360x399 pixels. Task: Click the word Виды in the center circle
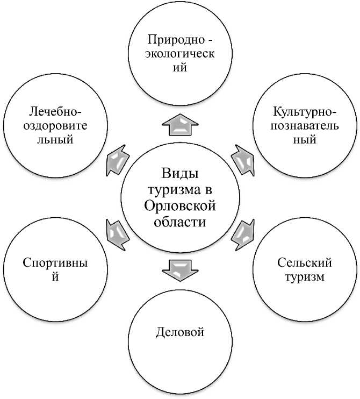pyautogui.click(x=180, y=174)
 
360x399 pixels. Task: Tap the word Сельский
pyautogui.click(x=305, y=262)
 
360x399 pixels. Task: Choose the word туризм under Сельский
pyautogui.click(x=305, y=277)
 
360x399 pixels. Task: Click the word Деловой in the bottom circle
pyautogui.click(x=180, y=332)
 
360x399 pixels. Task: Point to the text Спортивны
pyautogui.click(x=55, y=262)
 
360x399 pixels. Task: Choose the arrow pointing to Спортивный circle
pyautogui.click(x=117, y=233)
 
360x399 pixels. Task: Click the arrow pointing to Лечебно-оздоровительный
pyautogui.click(x=117, y=158)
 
